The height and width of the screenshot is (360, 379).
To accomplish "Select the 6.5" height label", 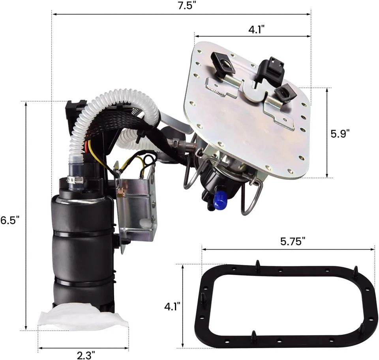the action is [9, 220].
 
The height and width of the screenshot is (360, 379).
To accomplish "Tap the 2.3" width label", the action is [86, 355].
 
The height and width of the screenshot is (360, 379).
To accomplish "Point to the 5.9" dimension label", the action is [340, 134].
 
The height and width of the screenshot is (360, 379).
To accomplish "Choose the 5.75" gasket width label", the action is [293, 241].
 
